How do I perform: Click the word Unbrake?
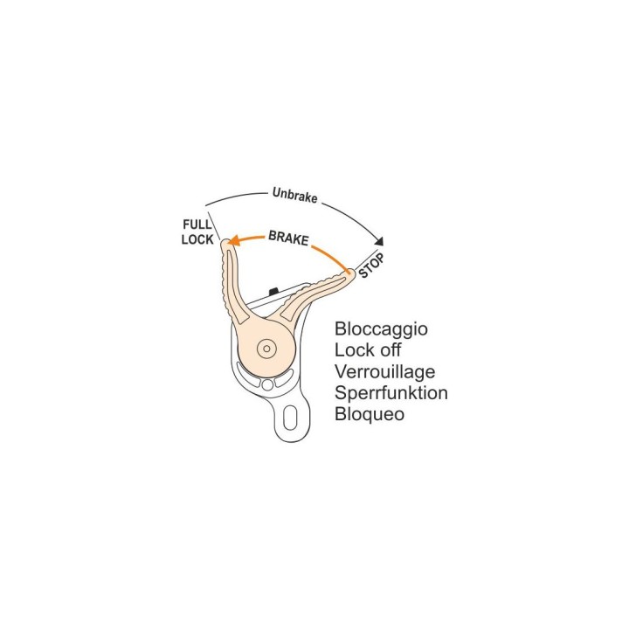(295, 195)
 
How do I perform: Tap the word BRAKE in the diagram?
(288, 238)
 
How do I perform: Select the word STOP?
(371, 266)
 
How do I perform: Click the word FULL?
(197, 225)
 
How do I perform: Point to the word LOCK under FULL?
(197, 239)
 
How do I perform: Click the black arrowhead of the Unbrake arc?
(379, 241)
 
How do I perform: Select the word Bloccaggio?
(381, 329)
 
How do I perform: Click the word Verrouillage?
(384, 372)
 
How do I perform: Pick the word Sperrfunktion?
(391, 393)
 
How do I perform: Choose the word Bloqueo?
(370, 414)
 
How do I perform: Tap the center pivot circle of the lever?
(266, 349)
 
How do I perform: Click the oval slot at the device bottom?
(290, 418)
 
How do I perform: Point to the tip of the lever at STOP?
(352, 272)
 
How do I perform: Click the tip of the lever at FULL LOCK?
(225, 241)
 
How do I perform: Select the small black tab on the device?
(273, 290)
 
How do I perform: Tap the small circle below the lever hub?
(267, 385)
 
